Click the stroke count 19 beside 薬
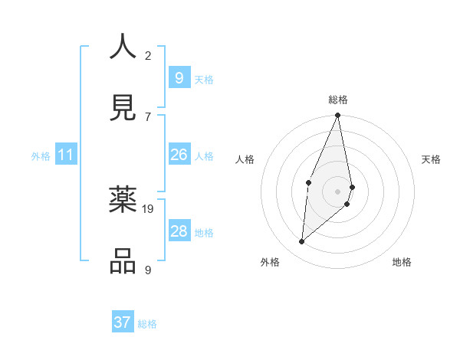(x=148, y=208)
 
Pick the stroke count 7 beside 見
(x=148, y=116)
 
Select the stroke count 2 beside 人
(x=148, y=55)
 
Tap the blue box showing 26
(x=179, y=155)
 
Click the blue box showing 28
(x=179, y=231)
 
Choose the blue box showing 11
(x=66, y=155)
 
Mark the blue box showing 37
(x=123, y=322)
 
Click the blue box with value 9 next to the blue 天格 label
(x=179, y=78)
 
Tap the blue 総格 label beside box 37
(x=147, y=324)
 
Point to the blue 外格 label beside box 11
(x=41, y=156)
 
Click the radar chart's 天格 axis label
(x=431, y=159)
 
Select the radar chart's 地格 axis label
(x=402, y=262)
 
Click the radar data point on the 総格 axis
(x=337, y=116)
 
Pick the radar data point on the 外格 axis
(x=302, y=241)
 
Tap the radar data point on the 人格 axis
(x=308, y=182)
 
